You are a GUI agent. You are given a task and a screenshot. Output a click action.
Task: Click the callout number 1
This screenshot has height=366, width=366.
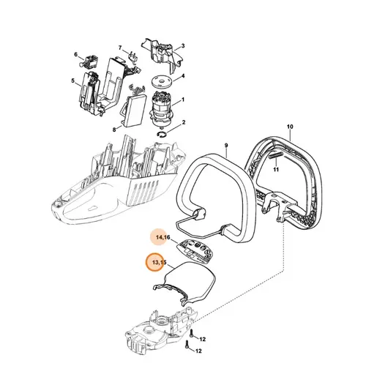[182, 100]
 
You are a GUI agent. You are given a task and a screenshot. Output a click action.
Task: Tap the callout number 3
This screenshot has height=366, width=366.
[182, 46]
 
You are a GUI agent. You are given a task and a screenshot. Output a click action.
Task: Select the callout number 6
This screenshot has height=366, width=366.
[76, 54]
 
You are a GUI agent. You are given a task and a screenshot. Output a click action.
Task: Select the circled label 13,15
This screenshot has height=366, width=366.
[157, 261]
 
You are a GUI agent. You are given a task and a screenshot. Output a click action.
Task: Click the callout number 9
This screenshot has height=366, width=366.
[227, 146]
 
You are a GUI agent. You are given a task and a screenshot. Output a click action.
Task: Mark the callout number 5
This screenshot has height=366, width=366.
[73, 81]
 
